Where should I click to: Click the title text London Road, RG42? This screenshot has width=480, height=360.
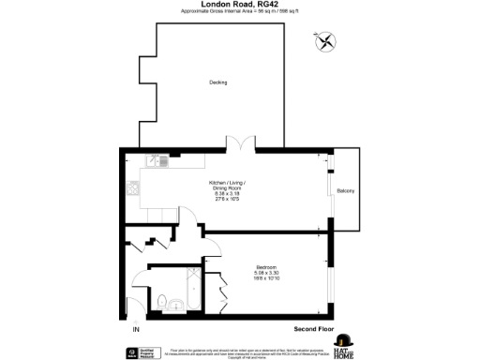(x=239, y=5)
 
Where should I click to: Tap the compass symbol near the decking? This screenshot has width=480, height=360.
(x=325, y=41)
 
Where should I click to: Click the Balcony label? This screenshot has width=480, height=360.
(x=345, y=191)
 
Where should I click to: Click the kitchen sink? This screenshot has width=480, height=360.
(x=162, y=161)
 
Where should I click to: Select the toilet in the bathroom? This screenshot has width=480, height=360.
(x=162, y=300)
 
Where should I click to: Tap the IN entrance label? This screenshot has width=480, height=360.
(x=135, y=330)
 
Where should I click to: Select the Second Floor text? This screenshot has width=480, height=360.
(x=315, y=329)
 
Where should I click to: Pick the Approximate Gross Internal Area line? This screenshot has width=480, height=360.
(x=239, y=12)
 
